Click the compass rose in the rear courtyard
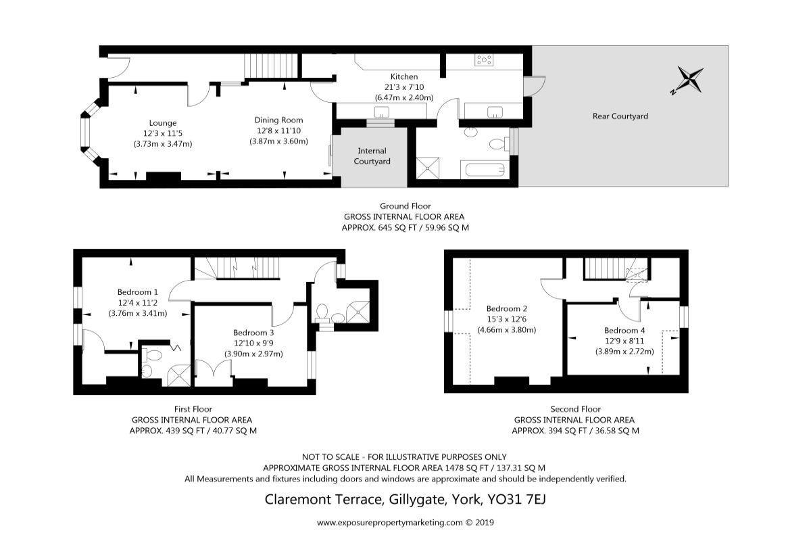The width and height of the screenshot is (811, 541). pos(687,80)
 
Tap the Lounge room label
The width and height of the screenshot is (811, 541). pos(163,123)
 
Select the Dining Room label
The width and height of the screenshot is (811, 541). pos(278,120)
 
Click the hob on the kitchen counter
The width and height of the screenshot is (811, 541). pos(484,60)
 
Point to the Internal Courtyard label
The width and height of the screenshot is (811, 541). pos(372,156)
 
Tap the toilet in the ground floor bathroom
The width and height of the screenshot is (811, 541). pos(499,144)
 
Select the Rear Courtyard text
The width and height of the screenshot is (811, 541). pos(620,116)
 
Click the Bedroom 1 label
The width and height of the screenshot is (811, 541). pos(138,292)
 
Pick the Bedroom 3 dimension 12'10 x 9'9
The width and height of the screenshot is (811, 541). pos(253,343)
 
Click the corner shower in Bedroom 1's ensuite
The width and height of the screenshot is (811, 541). pos(179,375)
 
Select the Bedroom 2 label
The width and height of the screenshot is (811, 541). pos(506,309)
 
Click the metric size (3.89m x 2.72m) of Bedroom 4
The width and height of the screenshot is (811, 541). pos(624,352)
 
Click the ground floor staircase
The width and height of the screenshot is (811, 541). pos(271,66)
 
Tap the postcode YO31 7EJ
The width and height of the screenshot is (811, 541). pos(516,499)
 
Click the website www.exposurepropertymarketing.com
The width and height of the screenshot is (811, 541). pos(389,523)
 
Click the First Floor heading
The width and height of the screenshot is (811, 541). pos(193,409)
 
